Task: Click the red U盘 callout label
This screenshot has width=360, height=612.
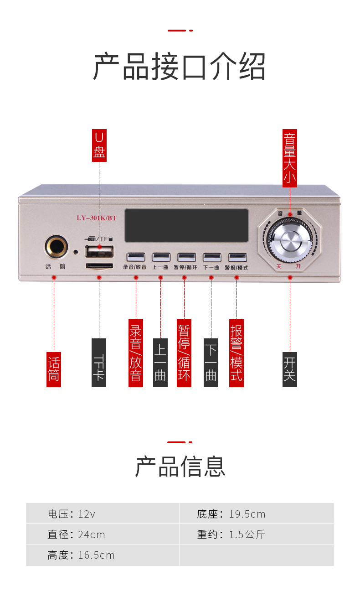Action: (x=99, y=145)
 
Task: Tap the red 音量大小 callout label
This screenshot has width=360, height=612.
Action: (x=290, y=158)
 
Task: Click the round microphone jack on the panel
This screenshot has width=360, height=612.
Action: (x=56, y=247)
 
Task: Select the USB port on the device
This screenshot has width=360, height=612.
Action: (x=99, y=251)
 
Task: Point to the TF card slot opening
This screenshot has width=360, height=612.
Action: (x=99, y=265)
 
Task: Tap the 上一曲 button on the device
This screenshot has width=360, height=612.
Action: (x=161, y=257)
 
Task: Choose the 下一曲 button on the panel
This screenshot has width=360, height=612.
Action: (x=212, y=257)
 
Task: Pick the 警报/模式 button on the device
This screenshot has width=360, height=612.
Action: (x=237, y=257)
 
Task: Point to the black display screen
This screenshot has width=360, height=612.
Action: (x=186, y=225)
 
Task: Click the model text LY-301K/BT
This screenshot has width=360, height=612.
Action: (x=97, y=218)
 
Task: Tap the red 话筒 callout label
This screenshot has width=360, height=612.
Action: (x=54, y=369)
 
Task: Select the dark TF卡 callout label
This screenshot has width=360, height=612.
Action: (x=99, y=363)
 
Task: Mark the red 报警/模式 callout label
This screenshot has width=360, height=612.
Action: (x=237, y=353)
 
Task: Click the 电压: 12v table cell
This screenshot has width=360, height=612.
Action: (x=103, y=513)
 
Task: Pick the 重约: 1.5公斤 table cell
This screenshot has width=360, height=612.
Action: (x=256, y=534)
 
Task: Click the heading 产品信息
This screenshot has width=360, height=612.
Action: (x=180, y=467)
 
